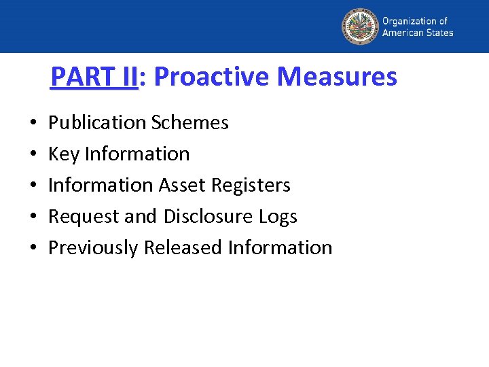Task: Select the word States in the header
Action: click(439, 33)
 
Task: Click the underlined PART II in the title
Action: click(94, 77)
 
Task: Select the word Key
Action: click(64, 154)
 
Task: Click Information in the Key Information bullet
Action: click(137, 154)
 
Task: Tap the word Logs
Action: click(278, 217)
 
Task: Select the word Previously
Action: click(93, 248)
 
